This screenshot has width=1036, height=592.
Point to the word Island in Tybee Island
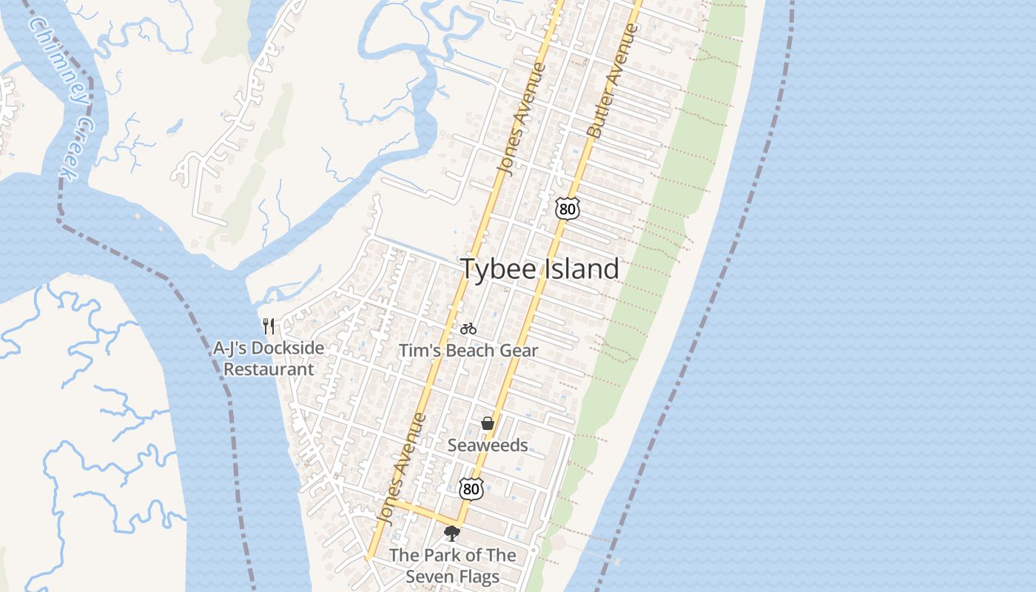click(x=582, y=269)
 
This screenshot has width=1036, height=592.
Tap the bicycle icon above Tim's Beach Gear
click(x=468, y=328)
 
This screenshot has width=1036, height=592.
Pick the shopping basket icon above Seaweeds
click(x=488, y=423)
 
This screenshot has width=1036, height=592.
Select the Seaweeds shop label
click(x=488, y=445)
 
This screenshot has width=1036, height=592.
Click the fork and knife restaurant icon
click(x=269, y=326)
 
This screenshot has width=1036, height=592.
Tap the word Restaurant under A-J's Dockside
click(x=269, y=369)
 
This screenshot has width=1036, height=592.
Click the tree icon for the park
click(x=452, y=533)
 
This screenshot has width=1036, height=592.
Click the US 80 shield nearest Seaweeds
click(x=471, y=488)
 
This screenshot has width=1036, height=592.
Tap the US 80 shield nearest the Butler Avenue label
click(x=567, y=209)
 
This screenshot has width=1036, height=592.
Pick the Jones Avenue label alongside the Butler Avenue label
click(x=521, y=118)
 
